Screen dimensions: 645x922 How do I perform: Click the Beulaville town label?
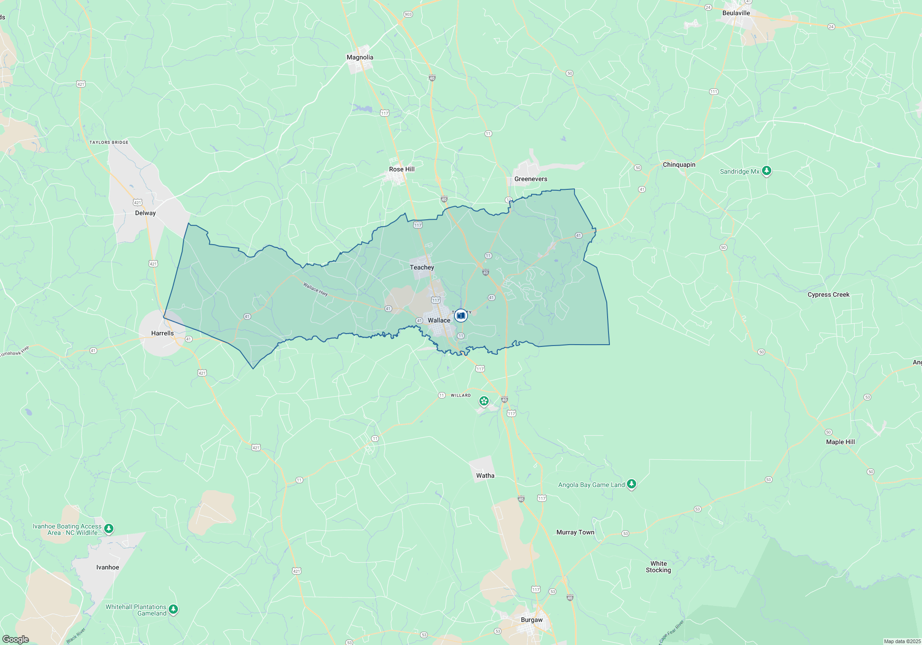coord(736,13)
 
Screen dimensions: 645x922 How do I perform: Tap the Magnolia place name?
coord(360,57)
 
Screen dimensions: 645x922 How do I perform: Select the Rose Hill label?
coord(402,169)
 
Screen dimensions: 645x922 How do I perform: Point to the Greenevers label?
coord(531,179)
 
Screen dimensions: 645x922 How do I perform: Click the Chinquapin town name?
coord(679,164)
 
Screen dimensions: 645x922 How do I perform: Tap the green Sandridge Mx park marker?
coord(766,171)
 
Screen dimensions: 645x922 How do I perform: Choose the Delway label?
coord(145,213)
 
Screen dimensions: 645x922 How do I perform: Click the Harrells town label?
coord(162,333)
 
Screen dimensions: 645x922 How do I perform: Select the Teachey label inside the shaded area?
coord(422,267)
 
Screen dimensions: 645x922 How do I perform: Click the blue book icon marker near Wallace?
coord(461,316)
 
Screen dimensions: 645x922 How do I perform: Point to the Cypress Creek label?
coord(828,294)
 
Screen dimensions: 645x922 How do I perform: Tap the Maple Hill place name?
coord(840,442)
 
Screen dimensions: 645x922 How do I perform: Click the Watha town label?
coord(485,475)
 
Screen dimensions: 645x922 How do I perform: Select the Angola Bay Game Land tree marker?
coord(632,484)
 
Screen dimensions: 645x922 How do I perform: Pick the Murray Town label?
coord(575,532)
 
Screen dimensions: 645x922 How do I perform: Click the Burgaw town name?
coord(532,620)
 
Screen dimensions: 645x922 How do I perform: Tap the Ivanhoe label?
coord(107,567)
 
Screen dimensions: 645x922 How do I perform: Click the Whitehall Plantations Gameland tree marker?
coord(173,609)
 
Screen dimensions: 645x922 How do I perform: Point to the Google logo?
coord(16,639)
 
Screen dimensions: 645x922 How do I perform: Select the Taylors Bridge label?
coord(109,142)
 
